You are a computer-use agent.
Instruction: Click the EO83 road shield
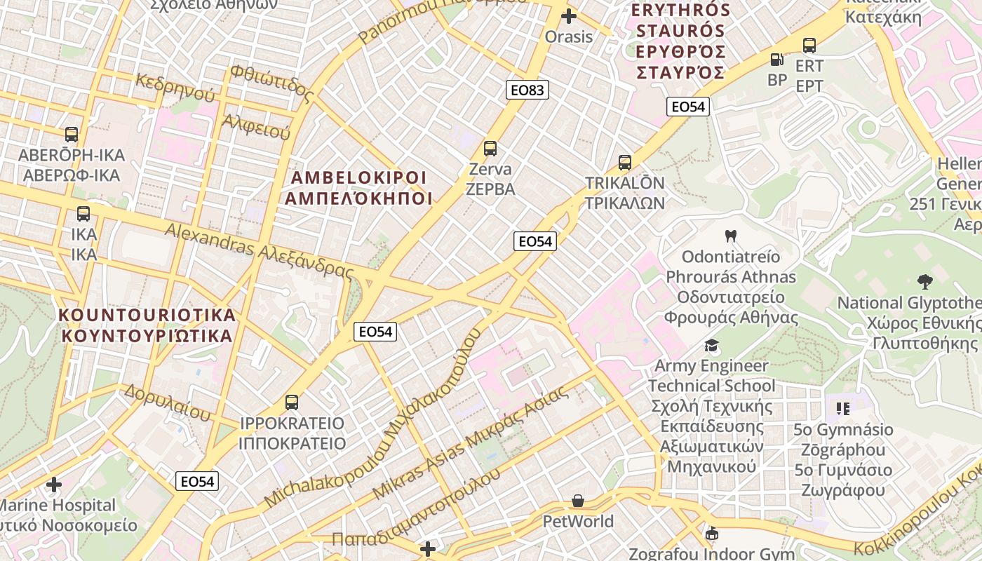pos(527,90)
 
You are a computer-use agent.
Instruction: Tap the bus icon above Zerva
pos(490,149)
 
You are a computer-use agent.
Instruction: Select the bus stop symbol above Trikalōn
pos(625,163)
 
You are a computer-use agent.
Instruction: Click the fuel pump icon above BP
pos(776,60)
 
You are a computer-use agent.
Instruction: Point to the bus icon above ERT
pos(809,46)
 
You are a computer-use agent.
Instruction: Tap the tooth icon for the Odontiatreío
pos(731,236)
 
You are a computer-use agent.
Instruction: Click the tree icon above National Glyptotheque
pos(925,282)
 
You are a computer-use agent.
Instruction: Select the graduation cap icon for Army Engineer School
pos(712,345)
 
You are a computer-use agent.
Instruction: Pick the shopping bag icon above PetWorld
pos(578,501)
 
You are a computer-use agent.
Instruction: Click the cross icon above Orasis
pos(569,16)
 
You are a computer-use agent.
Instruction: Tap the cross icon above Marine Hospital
pos(54,485)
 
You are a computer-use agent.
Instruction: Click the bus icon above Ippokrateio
pos(292,403)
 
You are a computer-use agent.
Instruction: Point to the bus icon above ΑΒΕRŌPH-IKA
pos(72,134)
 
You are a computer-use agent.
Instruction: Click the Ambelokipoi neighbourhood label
pos(358,187)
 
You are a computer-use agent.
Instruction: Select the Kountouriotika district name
pos(147,325)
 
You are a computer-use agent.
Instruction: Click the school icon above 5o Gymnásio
pos(843,408)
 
